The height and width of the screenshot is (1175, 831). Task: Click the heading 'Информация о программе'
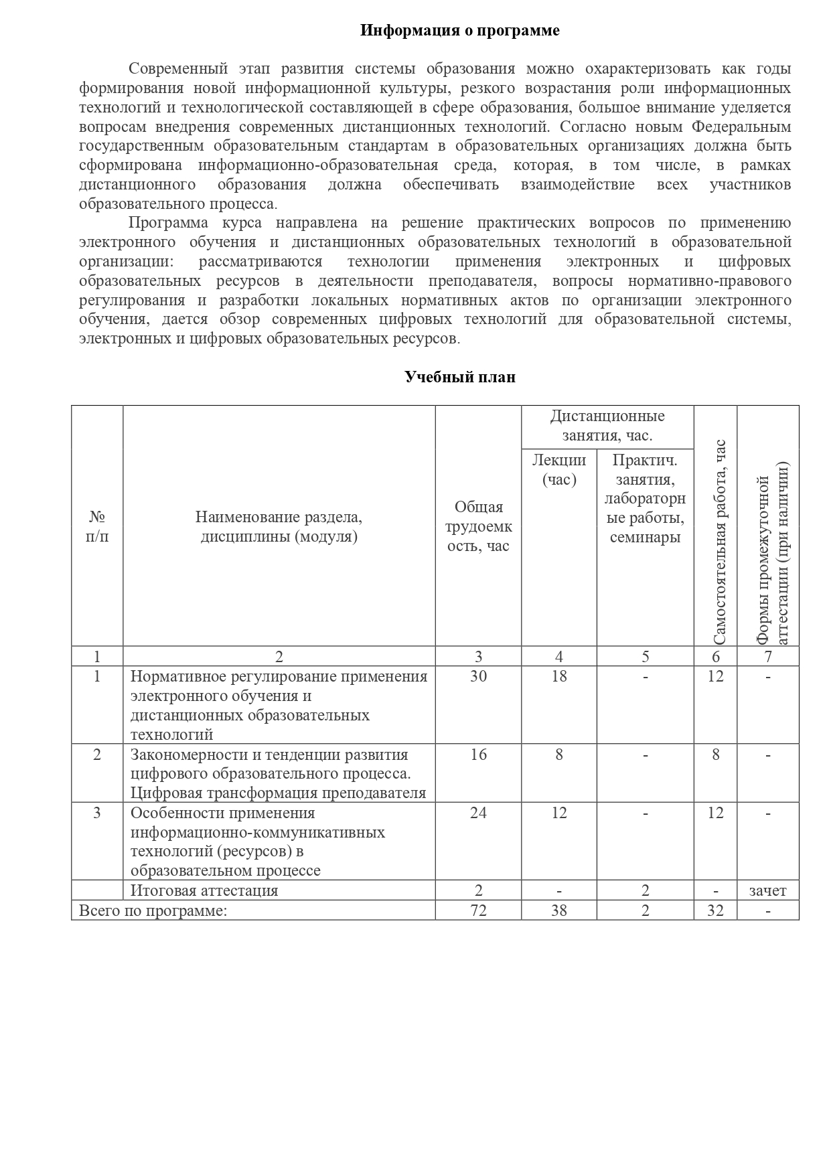coord(459,30)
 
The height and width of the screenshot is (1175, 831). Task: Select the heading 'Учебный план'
coord(459,377)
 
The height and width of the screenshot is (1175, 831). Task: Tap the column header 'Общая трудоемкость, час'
coord(478,526)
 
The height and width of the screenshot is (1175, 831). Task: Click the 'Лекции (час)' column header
coord(559,469)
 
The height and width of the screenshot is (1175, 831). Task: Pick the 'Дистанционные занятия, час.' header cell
coord(607,426)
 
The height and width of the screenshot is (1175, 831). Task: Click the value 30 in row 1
coord(478,676)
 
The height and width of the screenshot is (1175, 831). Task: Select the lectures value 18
coord(559,676)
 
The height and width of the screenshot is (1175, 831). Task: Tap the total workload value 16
coord(478,755)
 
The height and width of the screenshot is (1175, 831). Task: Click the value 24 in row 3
coord(478,813)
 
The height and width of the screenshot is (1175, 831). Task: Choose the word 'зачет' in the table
coord(767,890)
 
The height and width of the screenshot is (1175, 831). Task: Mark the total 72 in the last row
coord(478,911)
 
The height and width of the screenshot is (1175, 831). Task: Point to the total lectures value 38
coord(559,911)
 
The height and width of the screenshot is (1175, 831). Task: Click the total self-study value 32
coord(715,911)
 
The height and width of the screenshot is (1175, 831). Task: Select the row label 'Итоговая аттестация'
coord(204,890)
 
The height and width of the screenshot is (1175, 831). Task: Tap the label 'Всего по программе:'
coord(153,911)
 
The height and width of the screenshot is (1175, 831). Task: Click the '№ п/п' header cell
coord(97,526)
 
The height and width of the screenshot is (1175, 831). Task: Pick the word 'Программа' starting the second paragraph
coord(168,223)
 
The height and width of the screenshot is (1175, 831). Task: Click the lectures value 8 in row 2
coord(559,755)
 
